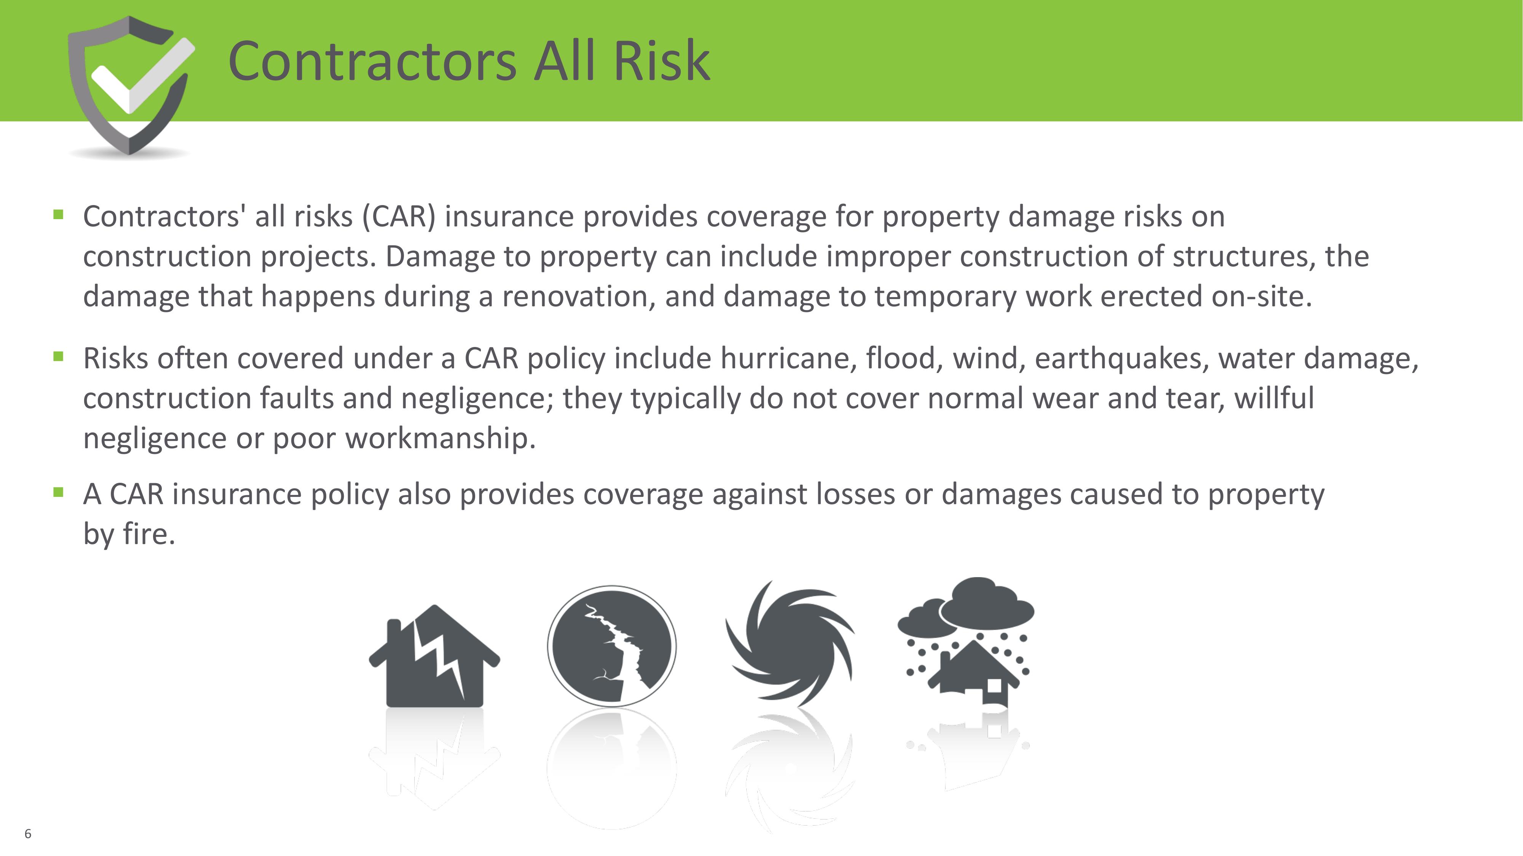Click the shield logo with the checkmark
coord(131,86)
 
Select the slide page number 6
coord(28,834)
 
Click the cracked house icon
coord(434,656)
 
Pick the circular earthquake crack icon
coord(612,646)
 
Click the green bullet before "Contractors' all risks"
coord(58,215)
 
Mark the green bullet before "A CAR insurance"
coord(58,492)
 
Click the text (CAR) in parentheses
coord(399,216)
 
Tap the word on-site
coord(1262,297)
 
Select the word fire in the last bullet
coord(149,534)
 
